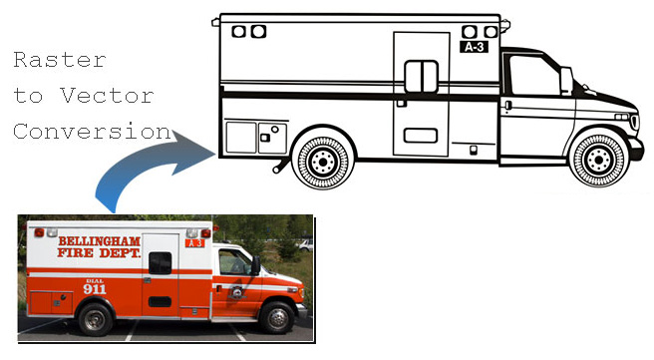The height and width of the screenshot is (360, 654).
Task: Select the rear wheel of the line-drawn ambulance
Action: click(x=321, y=162)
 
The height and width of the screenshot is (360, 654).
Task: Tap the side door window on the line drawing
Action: click(x=421, y=77)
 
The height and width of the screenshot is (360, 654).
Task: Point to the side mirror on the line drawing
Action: click(x=566, y=81)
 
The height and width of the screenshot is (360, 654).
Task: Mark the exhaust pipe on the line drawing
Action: click(x=276, y=169)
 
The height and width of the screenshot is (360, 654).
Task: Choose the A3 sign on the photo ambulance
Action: click(x=195, y=243)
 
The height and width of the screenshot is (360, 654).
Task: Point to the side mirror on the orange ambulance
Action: click(x=256, y=266)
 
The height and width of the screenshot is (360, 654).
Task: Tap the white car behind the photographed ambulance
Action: click(x=304, y=243)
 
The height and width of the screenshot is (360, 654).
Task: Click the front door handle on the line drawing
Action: click(x=507, y=105)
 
